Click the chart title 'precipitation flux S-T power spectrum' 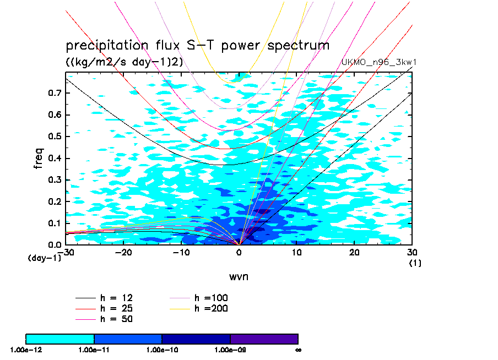point(197,45)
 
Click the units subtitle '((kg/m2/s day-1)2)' point(124,62)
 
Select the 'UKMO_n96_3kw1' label point(378,62)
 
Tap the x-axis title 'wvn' point(239,276)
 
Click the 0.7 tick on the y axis point(55,94)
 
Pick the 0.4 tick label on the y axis point(55,159)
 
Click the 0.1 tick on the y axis point(55,223)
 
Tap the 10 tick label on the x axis point(296,252)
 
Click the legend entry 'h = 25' point(116,308)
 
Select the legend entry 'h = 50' point(116,319)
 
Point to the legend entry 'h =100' point(211,298)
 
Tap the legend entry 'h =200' point(211,308)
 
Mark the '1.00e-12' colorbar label point(25,349)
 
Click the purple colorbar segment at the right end point(264,339)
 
